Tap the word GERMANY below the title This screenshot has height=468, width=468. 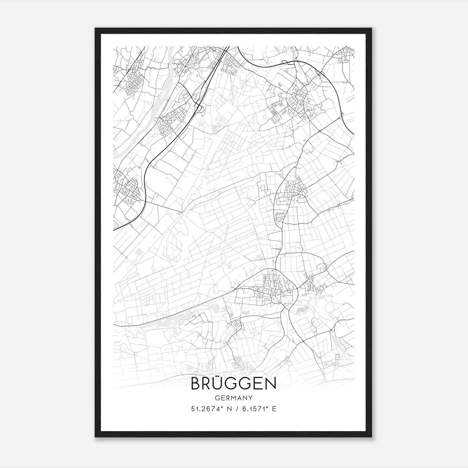click(233, 398)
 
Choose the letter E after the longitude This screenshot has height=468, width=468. click(274, 409)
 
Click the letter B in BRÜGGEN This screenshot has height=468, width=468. click(195, 384)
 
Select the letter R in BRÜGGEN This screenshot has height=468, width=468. click(208, 384)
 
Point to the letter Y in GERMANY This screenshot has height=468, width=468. click(250, 398)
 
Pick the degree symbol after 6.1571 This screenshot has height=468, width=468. click(266, 407)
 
